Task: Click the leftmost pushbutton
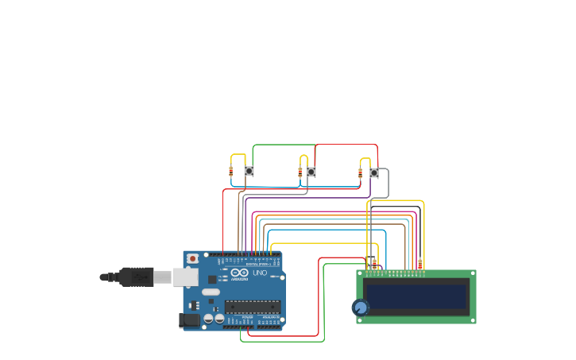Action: coord(249,171)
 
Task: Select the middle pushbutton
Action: coord(311,172)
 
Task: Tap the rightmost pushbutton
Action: coord(373,172)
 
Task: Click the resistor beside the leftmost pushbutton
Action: coord(231,171)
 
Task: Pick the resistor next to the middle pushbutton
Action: coord(300,172)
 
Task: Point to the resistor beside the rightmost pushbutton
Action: coord(360,172)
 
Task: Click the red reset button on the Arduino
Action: coord(191,258)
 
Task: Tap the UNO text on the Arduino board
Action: coord(260,273)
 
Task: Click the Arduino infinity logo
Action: coord(239,273)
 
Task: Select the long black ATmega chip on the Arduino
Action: coord(253,307)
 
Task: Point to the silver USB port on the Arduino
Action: coord(185,277)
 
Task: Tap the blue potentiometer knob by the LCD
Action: coord(361,308)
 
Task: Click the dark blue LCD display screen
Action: coord(416,296)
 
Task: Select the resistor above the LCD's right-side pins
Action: coord(419,264)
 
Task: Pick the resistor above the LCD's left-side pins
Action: coord(375,264)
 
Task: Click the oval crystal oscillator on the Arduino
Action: coord(211,292)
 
